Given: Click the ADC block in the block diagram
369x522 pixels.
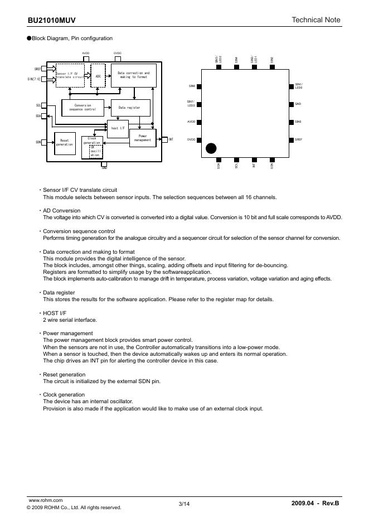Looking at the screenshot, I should pyautogui.click(x=98, y=76).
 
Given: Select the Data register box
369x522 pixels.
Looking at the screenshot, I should pyautogui.click(x=130, y=108).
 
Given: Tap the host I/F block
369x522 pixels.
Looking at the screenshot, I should pyautogui.click(x=117, y=128).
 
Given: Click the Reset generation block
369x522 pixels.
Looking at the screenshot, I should pyautogui.click(x=64, y=142).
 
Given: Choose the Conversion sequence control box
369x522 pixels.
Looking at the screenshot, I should pyautogui.click(x=82, y=108).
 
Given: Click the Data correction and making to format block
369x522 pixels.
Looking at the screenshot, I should pyautogui.click(x=133, y=76).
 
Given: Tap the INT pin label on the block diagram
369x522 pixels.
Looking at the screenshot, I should pyautogui.click(x=171, y=139).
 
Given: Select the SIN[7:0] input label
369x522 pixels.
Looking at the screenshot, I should pyautogui.click(x=33, y=79).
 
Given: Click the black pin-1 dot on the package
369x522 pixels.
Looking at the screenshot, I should pyautogui.click(x=211, y=148).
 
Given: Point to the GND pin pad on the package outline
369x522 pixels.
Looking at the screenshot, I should pyautogui.click(x=290, y=104).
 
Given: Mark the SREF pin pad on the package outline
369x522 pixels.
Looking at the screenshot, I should pyautogui.click(x=290, y=139).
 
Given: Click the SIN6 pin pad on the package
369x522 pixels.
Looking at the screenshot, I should pyautogui.click(x=200, y=86).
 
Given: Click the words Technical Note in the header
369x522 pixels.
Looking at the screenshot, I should pyautogui.click(x=315, y=20).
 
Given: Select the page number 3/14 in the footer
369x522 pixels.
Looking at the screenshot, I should pyautogui.click(x=184, y=504).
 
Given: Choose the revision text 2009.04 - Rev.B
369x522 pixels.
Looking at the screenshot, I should pyautogui.click(x=315, y=504).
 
